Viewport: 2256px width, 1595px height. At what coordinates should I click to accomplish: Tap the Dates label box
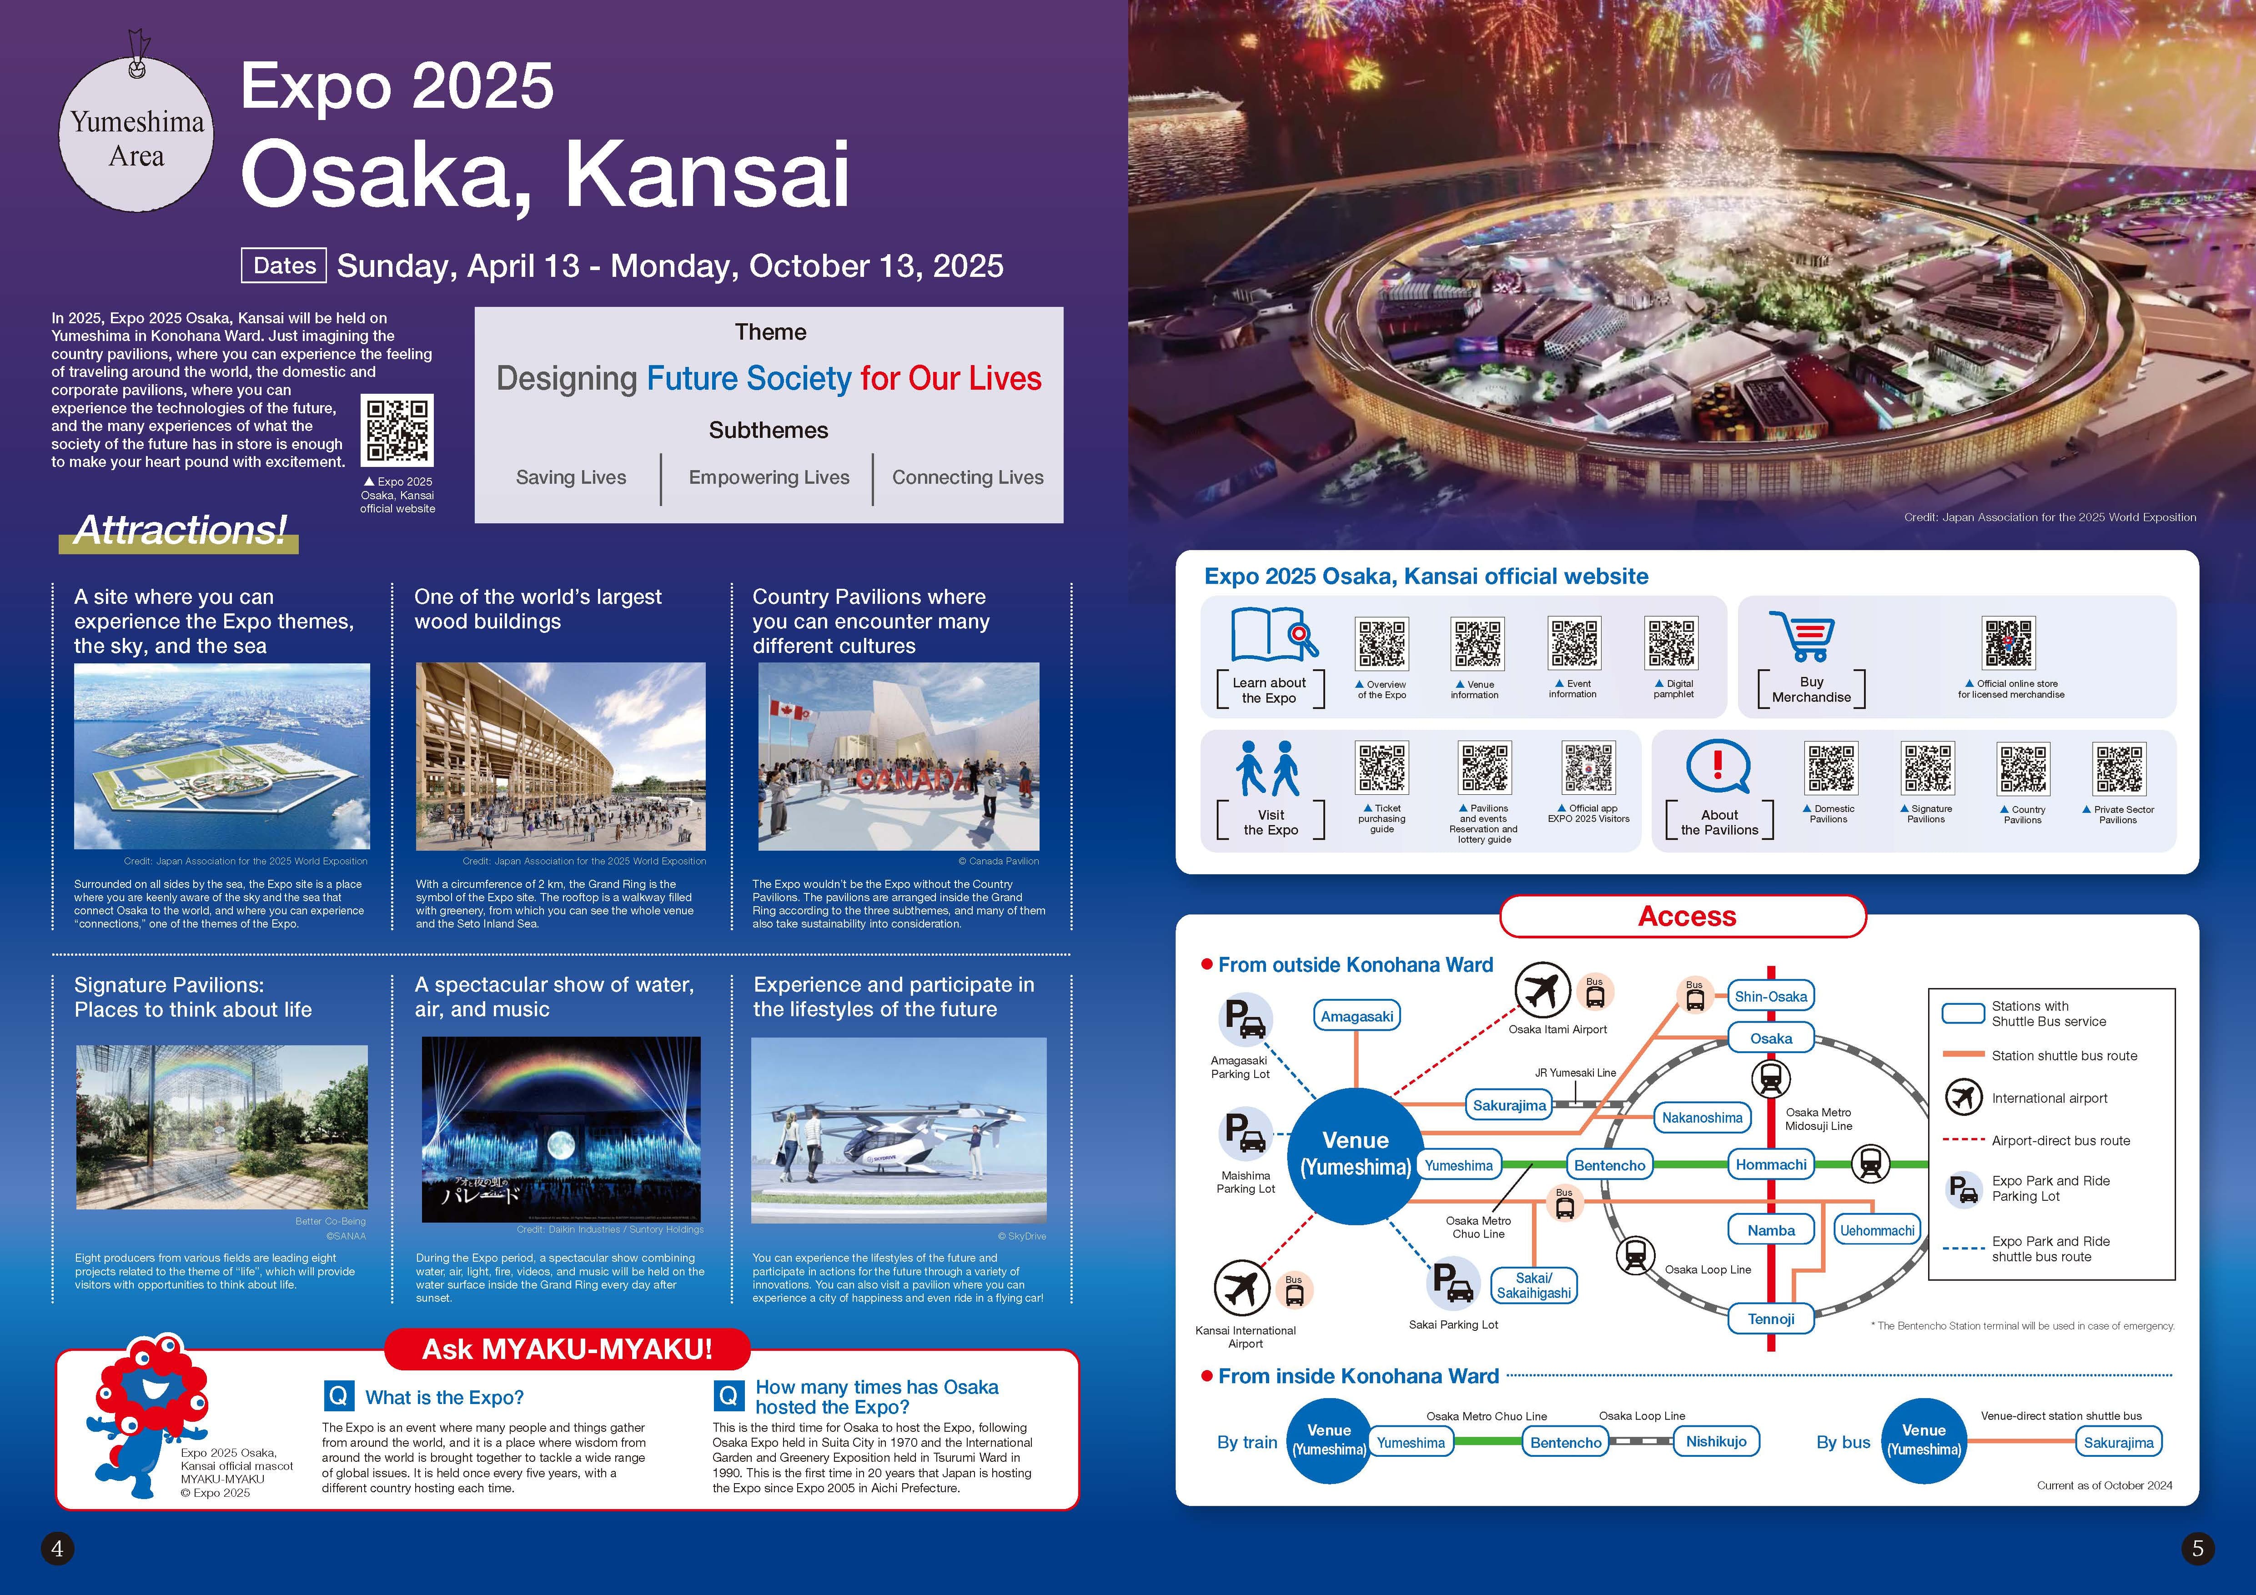284,265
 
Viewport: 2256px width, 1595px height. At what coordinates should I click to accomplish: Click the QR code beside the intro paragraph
397,430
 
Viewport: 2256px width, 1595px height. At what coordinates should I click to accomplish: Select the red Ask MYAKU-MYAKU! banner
567,1349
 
